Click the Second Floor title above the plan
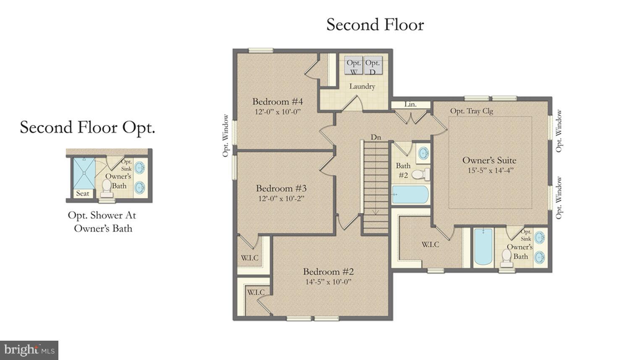pos(375,25)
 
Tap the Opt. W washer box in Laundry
pos(354,66)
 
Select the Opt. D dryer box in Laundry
pos(373,66)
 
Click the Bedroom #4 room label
pos(278,102)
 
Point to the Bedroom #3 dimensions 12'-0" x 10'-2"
pos(281,198)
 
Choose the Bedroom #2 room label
pos(328,271)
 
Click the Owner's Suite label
pos(489,160)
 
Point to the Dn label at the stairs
pos(376,137)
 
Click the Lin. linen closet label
pos(410,104)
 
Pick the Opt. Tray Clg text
pos(472,111)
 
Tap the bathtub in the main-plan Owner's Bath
pos(483,247)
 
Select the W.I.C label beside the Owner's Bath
pos(430,244)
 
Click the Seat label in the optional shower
pos(82,194)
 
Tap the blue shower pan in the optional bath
pos(84,173)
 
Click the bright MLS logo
pos(29,350)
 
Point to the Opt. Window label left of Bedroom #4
pos(226,136)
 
